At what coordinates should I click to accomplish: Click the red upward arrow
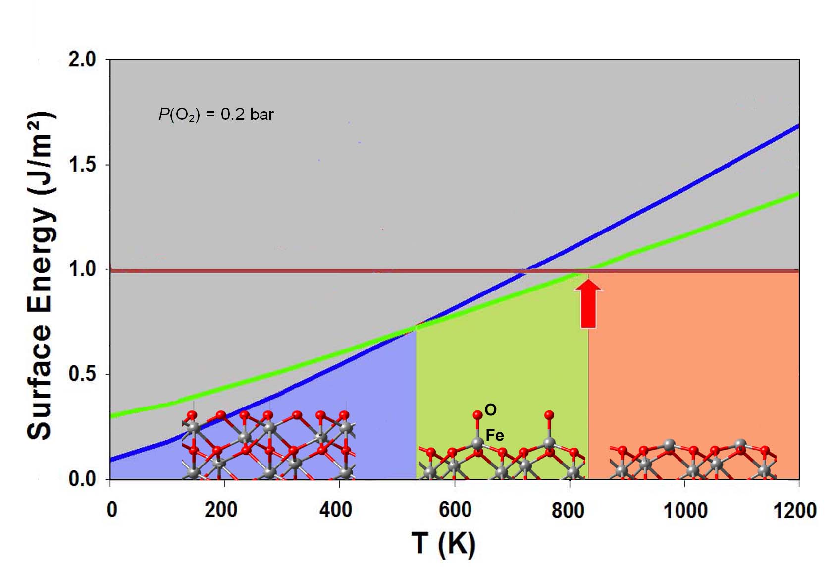coord(588,304)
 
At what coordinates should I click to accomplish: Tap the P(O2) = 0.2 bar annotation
coord(216,115)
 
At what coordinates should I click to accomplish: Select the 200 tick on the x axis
coord(221,509)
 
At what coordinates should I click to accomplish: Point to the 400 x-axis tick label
coord(336,509)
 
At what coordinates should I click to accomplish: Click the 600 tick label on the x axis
coord(455,509)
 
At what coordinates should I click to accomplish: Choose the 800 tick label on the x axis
coord(569,509)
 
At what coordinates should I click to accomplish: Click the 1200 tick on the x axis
coord(794,509)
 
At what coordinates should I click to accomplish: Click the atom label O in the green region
coord(490,409)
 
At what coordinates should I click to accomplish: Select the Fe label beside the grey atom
coord(494,435)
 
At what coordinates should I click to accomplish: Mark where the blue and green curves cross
coord(415,327)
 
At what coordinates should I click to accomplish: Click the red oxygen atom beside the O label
coord(477,415)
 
